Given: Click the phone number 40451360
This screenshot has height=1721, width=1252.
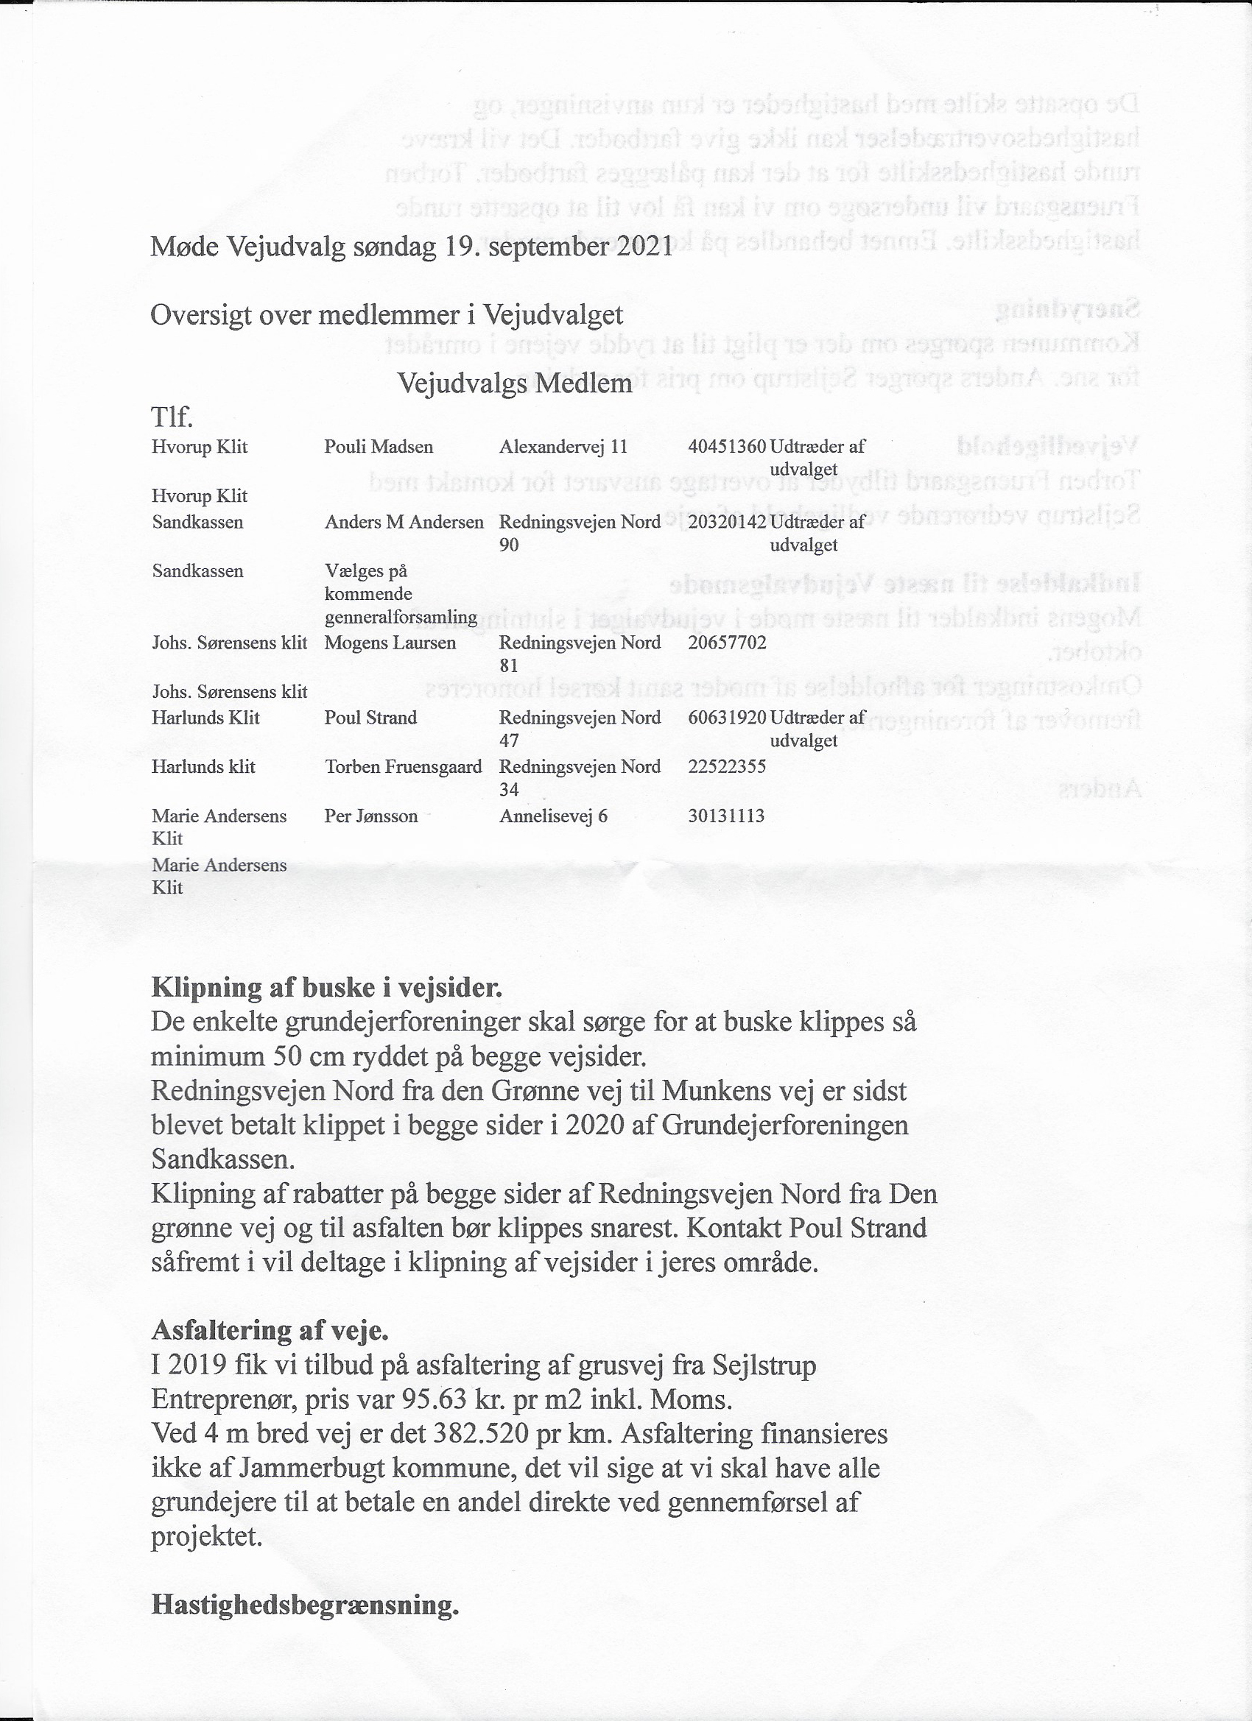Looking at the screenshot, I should click(x=727, y=446).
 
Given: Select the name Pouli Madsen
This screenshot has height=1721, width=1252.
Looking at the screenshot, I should click(x=378, y=446).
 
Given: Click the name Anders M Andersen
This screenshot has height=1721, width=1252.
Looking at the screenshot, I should click(x=404, y=522).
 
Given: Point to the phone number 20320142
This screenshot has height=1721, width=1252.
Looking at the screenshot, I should click(x=727, y=522).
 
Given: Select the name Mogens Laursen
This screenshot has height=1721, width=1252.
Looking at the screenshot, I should click(x=390, y=643).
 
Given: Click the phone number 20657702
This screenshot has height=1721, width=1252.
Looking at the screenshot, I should click(x=727, y=643).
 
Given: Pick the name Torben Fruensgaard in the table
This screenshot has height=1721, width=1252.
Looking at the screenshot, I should click(x=403, y=766).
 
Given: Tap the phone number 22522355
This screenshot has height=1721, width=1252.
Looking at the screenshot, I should click(x=727, y=766).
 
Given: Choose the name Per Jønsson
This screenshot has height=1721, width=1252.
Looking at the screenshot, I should click(x=370, y=816).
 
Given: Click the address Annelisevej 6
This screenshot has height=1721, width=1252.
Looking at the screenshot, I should click(x=553, y=816).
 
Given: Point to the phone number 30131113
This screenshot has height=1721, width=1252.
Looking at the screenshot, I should click(x=726, y=816).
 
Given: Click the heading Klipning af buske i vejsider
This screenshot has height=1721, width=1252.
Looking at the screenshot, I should click(x=326, y=987).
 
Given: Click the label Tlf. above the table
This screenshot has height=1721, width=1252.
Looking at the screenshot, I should click(x=172, y=417).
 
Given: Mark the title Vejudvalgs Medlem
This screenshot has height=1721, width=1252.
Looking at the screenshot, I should click(x=515, y=384).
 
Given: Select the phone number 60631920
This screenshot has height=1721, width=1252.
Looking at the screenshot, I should click(x=727, y=717).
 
